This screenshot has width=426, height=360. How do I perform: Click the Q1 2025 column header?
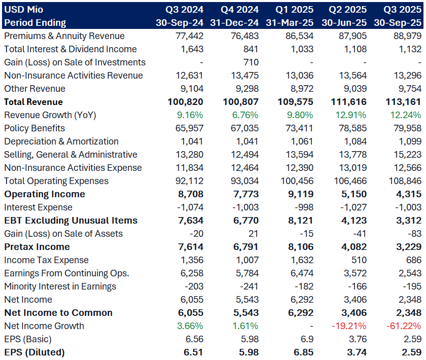click(294, 10)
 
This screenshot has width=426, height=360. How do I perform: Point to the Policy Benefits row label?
click(34, 128)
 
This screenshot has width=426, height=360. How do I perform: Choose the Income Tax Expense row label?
click(45, 260)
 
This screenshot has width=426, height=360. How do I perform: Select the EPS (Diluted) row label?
click(34, 352)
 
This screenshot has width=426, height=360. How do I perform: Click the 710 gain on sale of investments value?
click(251, 62)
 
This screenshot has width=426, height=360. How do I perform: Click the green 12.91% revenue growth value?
click(350, 115)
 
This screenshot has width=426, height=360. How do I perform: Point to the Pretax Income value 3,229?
click(408, 247)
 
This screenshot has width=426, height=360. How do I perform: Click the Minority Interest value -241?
click(248, 286)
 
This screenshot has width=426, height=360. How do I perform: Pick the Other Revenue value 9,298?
click(246, 89)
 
